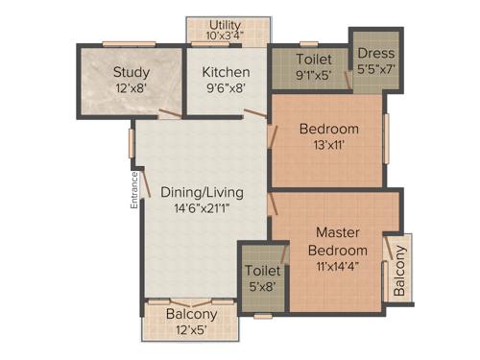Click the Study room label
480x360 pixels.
click(x=131, y=72)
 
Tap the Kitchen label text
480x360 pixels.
click(x=226, y=72)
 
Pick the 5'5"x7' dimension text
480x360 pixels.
click(x=371, y=69)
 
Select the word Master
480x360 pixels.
click(x=338, y=230)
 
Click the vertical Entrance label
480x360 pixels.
click(x=135, y=189)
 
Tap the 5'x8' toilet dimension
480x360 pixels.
click(x=261, y=285)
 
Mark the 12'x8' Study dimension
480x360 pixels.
click(x=131, y=87)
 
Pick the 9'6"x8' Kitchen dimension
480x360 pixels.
click(x=226, y=87)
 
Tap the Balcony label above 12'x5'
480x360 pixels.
click(x=191, y=313)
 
